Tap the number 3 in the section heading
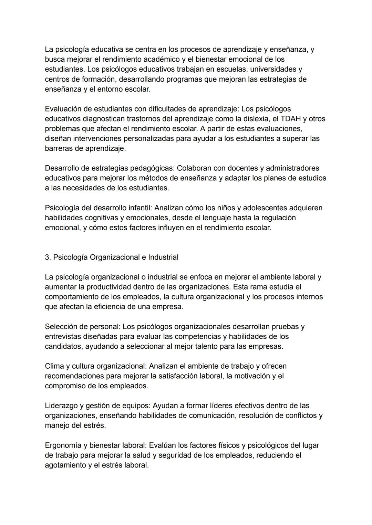(47, 257)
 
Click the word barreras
(59, 148)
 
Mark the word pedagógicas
(152, 168)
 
